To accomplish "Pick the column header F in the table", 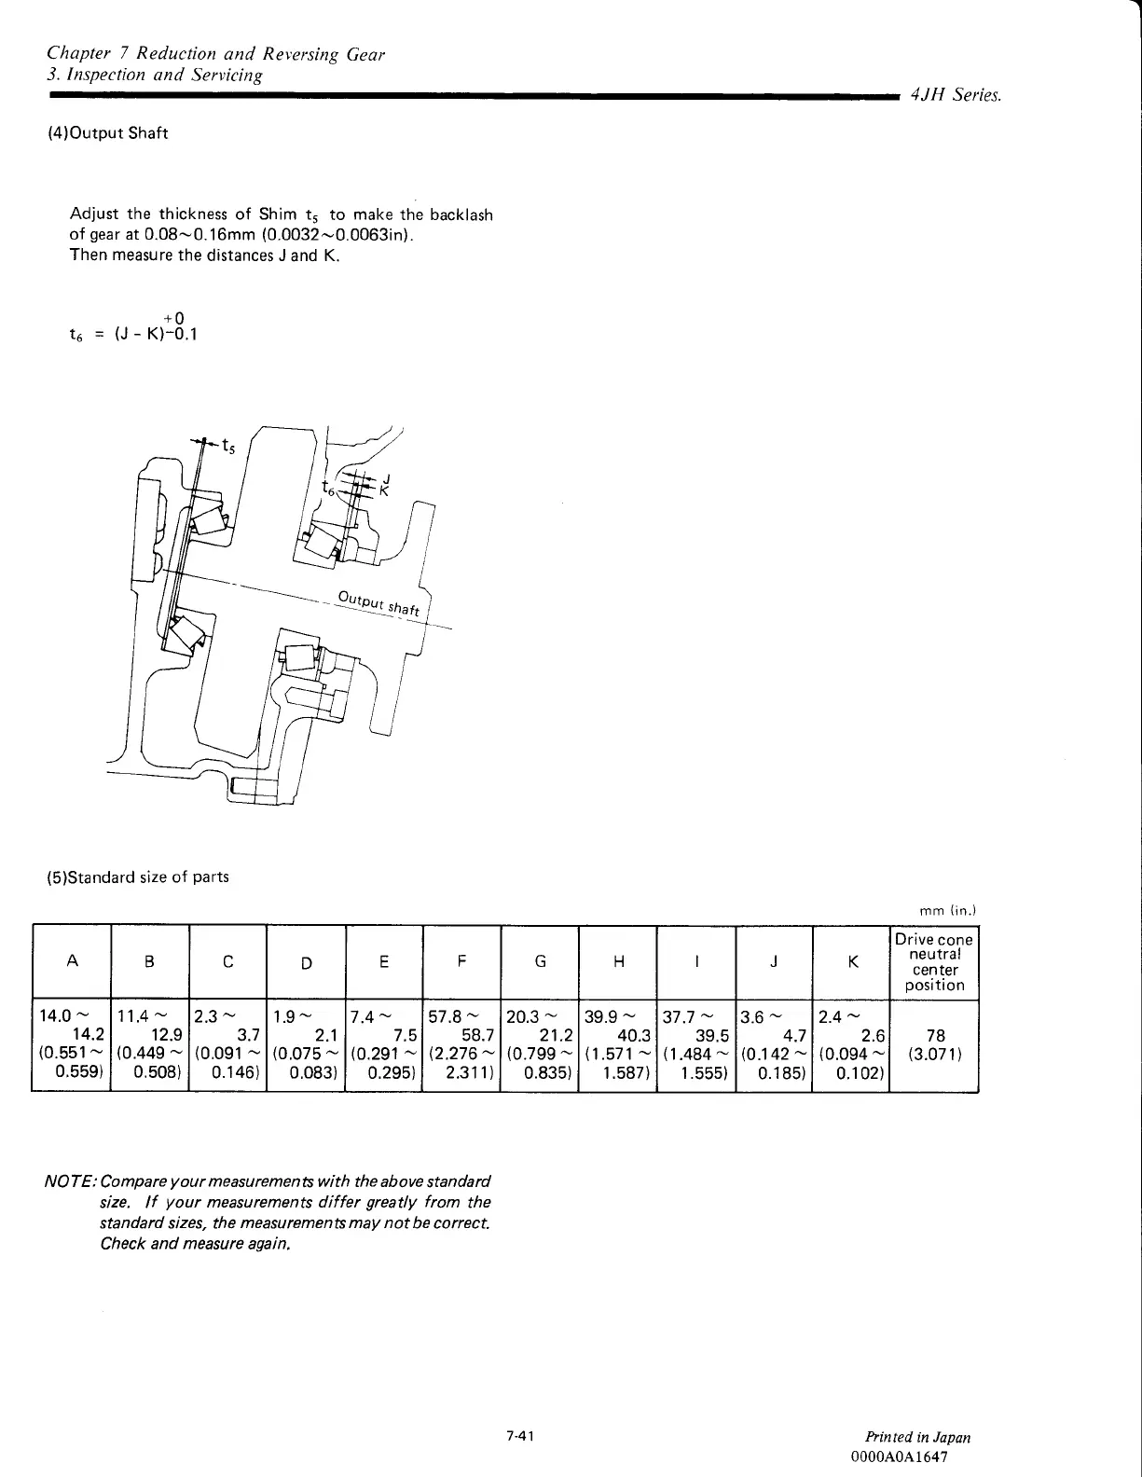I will click(462, 962).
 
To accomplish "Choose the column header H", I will click(618, 962).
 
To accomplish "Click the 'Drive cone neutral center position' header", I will click(933, 962).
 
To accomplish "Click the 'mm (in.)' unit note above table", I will click(946, 911).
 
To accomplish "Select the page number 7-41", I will click(519, 1437).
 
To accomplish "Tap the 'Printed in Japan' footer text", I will click(917, 1438).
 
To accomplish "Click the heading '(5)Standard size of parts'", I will click(138, 877).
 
